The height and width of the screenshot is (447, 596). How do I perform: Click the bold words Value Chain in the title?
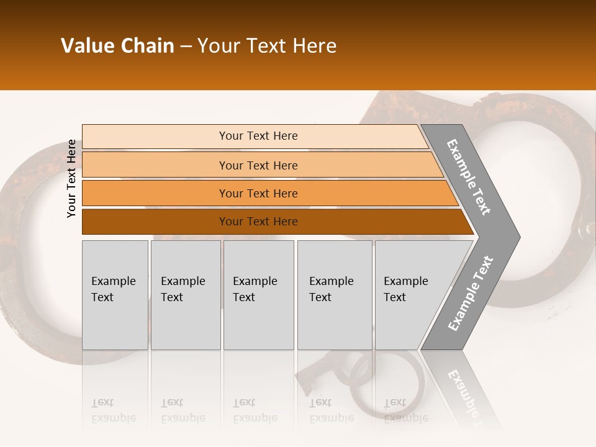pyautogui.click(x=117, y=46)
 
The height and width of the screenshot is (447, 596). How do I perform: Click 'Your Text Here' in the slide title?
pyautogui.click(x=267, y=46)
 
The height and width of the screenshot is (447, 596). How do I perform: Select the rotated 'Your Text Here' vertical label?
pyautogui.click(x=71, y=178)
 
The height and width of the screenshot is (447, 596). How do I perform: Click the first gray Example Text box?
pyautogui.click(x=115, y=295)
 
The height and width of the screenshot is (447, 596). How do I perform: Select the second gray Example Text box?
pyautogui.click(x=186, y=295)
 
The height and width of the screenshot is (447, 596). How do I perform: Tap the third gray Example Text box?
pyautogui.click(x=258, y=295)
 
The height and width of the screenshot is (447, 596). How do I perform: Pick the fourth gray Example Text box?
pyautogui.click(x=335, y=295)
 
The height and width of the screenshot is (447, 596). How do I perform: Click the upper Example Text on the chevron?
pyautogui.click(x=469, y=177)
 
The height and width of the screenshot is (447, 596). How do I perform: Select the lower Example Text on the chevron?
pyautogui.click(x=470, y=294)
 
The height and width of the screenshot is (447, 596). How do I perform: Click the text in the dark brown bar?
pyautogui.click(x=258, y=222)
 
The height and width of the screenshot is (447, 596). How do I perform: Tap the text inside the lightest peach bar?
pyautogui.click(x=258, y=136)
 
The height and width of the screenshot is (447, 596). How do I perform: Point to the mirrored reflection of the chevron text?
pyautogui.click(x=464, y=397)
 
